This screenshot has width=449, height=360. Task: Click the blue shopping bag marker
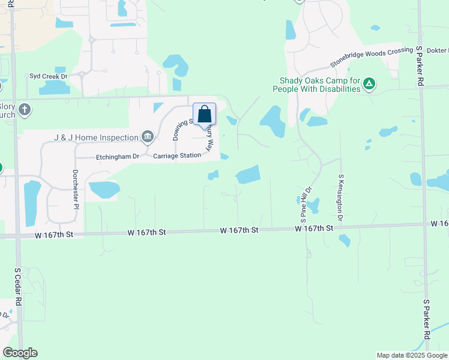(204, 114)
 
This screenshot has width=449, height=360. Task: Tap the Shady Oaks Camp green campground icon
(370, 84)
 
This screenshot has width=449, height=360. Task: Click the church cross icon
(24, 110)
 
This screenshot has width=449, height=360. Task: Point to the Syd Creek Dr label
(49, 77)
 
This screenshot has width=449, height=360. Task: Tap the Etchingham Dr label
(118, 157)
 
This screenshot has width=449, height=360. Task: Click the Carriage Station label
(177, 156)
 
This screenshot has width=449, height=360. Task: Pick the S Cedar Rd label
(18, 287)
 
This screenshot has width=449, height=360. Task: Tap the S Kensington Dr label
(341, 198)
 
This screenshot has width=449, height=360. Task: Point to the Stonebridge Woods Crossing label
(372, 56)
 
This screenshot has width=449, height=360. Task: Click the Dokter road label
(439, 50)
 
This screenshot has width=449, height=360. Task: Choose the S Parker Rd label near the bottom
(427, 321)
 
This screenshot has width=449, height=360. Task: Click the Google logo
(20, 353)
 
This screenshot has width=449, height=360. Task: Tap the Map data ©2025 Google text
(411, 355)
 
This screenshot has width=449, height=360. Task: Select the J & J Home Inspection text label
(96, 137)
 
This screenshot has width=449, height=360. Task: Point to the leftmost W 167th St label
(53, 233)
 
